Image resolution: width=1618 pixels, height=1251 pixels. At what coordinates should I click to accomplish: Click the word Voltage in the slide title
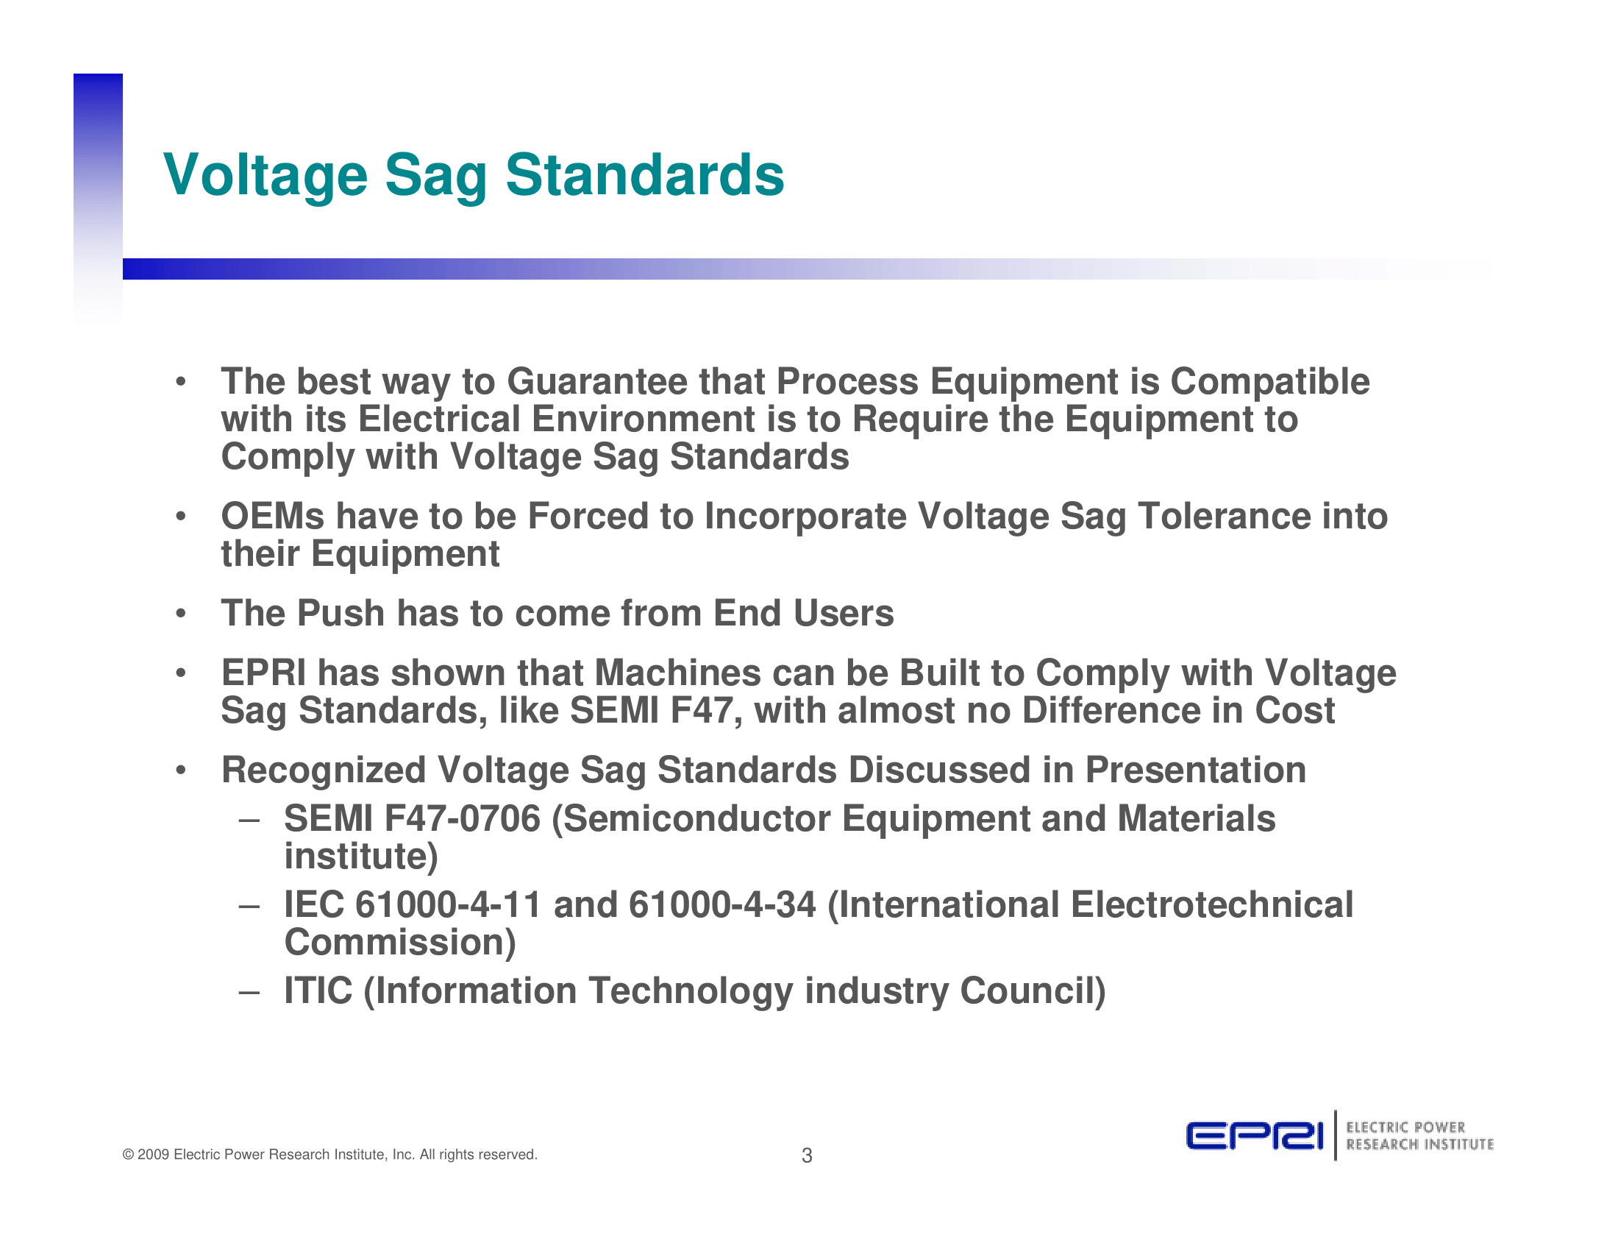click(265, 176)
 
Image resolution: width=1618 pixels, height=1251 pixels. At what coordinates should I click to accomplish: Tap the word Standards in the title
click(644, 175)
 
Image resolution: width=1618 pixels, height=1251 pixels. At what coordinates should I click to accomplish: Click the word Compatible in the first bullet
click(1270, 383)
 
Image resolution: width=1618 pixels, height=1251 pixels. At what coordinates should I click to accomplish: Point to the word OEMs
click(273, 516)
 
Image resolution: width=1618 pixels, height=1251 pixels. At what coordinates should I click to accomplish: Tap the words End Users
click(804, 613)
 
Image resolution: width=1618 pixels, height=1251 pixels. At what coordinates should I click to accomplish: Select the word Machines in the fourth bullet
click(678, 673)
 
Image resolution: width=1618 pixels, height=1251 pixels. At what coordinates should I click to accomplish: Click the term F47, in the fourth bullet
click(706, 712)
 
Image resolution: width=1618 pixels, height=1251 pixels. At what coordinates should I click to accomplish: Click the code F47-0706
click(463, 819)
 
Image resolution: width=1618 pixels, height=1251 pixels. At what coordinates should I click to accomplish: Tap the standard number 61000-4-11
click(449, 905)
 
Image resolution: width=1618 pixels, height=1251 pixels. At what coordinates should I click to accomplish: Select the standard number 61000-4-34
click(722, 905)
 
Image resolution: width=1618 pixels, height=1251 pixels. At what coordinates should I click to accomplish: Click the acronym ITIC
click(318, 991)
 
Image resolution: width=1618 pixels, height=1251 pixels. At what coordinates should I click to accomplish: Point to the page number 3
click(808, 1155)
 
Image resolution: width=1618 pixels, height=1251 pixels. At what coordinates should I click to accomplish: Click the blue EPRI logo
click(1253, 1136)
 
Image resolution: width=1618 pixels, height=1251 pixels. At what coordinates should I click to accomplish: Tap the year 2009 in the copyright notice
click(154, 1155)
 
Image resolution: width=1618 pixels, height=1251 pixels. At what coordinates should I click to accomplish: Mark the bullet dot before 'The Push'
click(180, 614)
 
